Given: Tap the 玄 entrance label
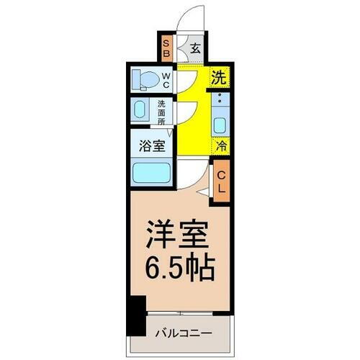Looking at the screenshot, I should point(194,50).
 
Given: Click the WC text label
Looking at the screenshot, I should point(166,78).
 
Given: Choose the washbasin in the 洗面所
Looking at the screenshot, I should point(139,109).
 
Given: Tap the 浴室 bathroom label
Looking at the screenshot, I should point(149,144).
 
